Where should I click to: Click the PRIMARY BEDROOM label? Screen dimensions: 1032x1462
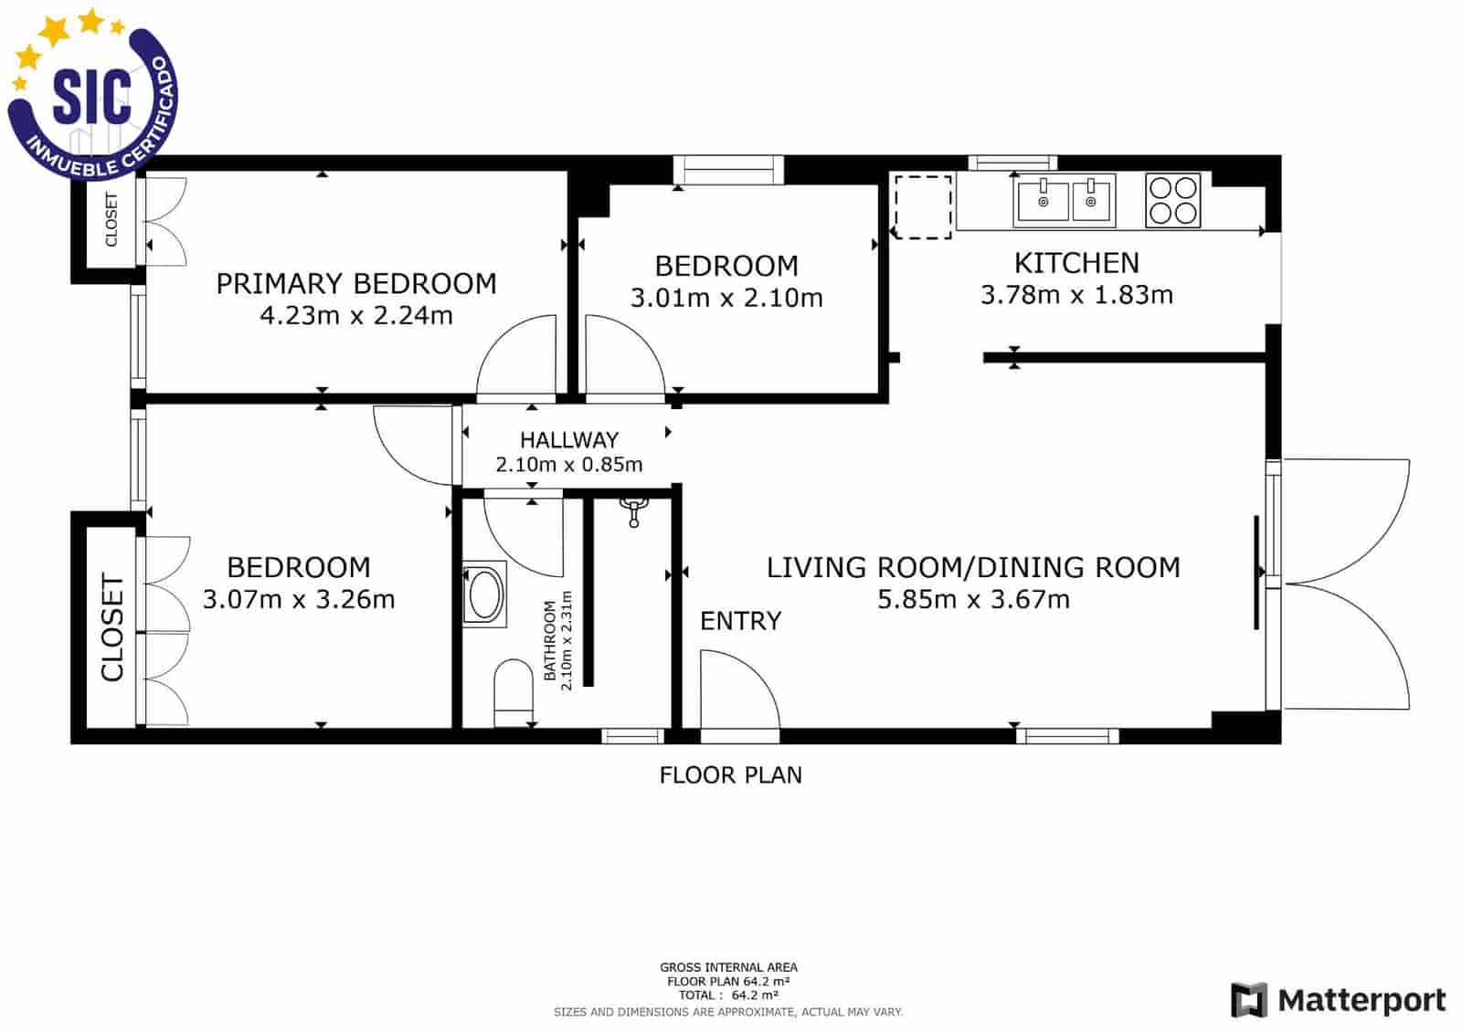pyautogui.click(x=356, y=283)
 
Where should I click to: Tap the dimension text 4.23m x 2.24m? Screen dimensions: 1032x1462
pyautogui.click(x=356, y=316)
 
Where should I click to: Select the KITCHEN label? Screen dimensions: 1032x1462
pyautogui.click(x=1076, y=263)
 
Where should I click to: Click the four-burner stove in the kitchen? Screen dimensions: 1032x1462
pyautogui.click(x=1172, y=200)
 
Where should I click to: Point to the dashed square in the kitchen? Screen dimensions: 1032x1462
pyautogui.click(x=922, y=207)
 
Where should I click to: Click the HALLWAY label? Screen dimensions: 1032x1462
pyautogui.click(x=568, y=439)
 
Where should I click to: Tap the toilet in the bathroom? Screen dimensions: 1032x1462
pyautogui.click(x=513, y=691)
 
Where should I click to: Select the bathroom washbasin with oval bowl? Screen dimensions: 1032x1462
pyautogui.click(x=483, y=594)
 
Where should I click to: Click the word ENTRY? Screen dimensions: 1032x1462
pyautogui.click(x=740, y=621)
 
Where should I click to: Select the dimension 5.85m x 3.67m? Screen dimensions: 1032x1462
pyautogui.click(x=973, y=600)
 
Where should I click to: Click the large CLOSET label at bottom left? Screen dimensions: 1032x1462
pyautogui.click(x=111, y=627)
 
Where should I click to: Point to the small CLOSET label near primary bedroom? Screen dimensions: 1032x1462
pyautogui.click(x=111, y=219)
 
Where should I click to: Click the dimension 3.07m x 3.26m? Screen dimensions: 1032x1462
pyautogui.click(x=299, y=600)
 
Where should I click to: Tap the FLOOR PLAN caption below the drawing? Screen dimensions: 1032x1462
pyautogui.click(x=730, y=775)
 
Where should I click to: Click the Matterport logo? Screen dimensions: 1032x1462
pyautogui.click(x=1338, y=1000)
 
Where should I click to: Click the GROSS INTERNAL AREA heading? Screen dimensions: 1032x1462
pyautogui.click(x=728, y=967)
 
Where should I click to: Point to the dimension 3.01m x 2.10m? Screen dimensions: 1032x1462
pyautogui.click(x=726, y=299)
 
